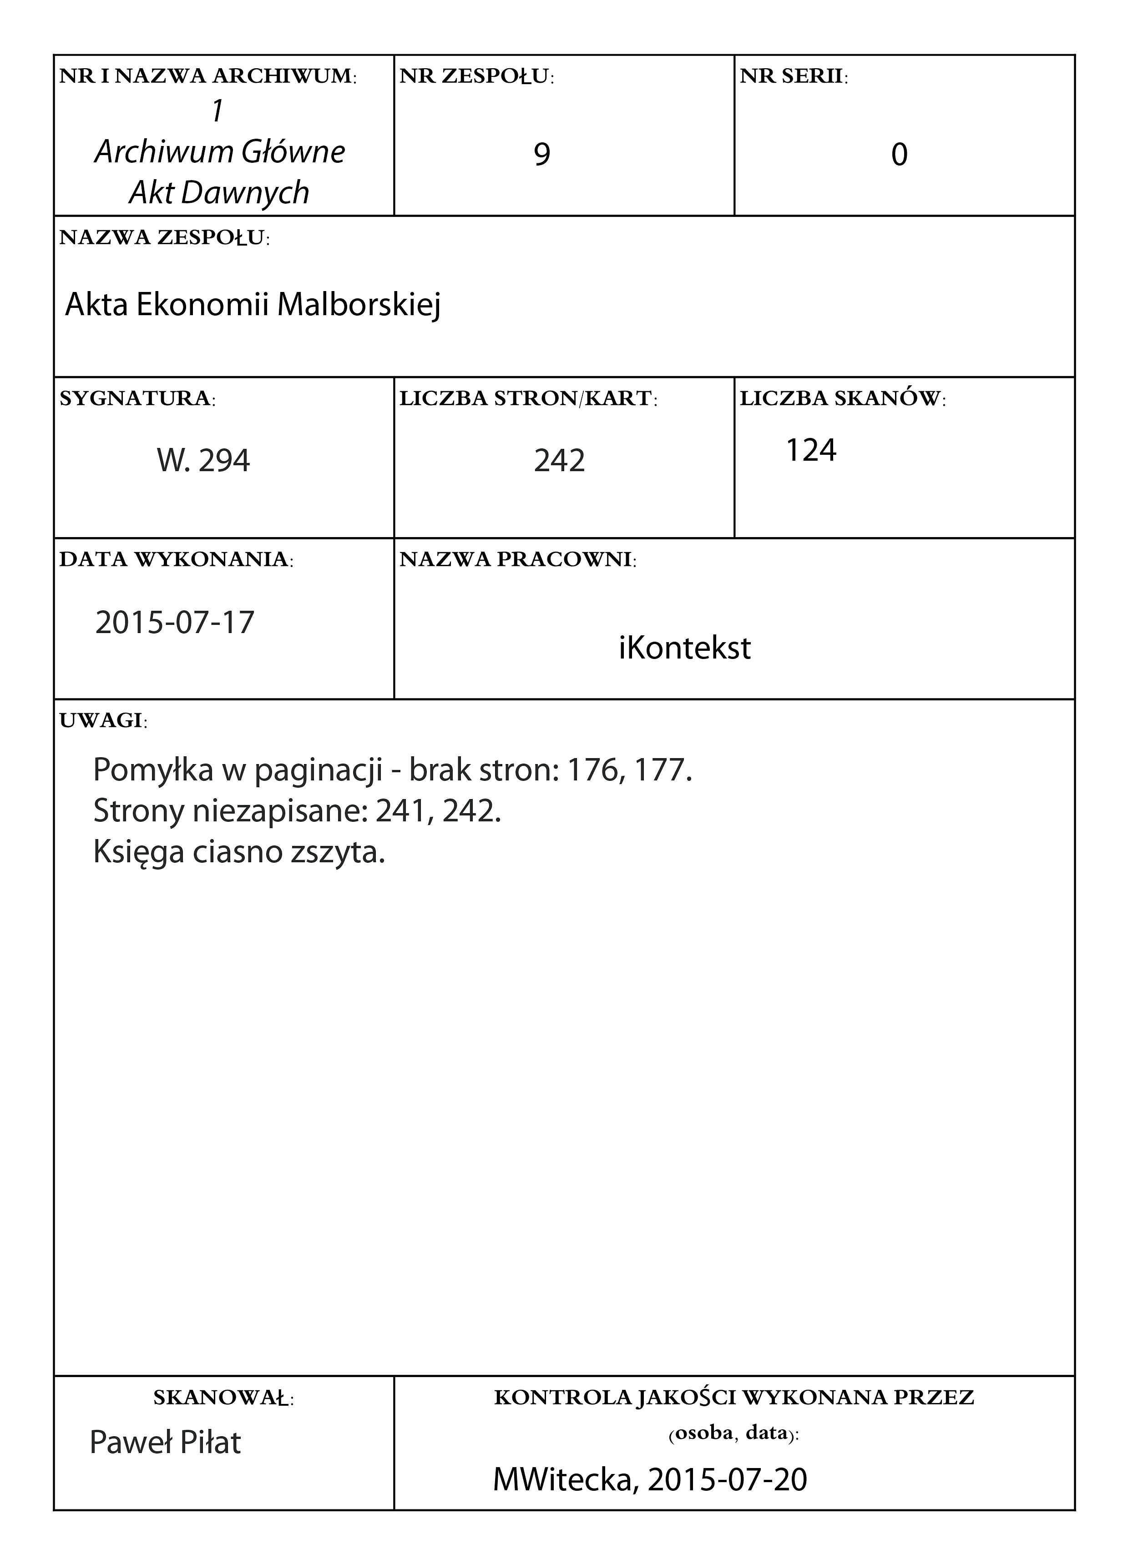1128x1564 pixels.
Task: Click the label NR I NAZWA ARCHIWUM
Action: (207, 76)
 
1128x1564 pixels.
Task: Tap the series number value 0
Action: (899, 155)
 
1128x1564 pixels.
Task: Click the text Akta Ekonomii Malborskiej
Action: (253, 305)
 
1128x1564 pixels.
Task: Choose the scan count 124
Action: (811, 450)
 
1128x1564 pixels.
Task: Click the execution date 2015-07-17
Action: (175, 623)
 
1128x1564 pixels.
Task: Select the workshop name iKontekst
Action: (684, 648)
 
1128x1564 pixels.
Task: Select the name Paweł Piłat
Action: (166, 1443)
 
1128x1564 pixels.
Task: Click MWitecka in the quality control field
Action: (564, 1479)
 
